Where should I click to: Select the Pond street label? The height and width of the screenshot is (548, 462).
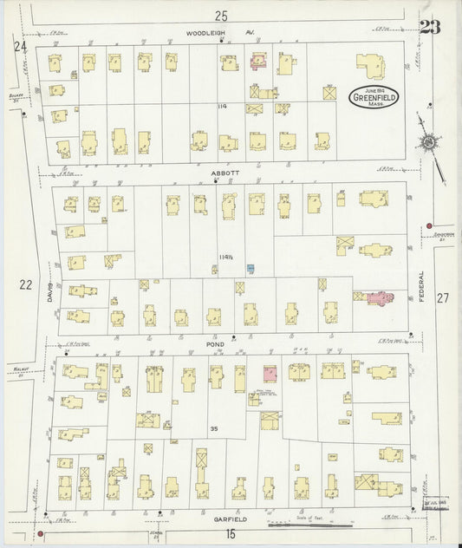coord(215,343)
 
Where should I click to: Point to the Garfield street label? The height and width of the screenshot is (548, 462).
coord(231,519)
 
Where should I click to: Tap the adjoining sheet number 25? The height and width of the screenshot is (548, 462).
coord(221,15)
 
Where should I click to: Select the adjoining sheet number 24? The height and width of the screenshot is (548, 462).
coord(20,45)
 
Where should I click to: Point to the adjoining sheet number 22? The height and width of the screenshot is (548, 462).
coord(24,284)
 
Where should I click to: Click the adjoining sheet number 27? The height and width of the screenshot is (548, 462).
coord(443,297)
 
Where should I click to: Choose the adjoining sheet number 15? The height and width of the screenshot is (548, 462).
coord(231,534)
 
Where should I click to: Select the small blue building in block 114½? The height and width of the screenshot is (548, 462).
coord(250,269)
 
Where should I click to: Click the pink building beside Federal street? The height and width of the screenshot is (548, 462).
coord(378,298)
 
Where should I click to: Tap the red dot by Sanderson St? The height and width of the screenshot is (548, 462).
coord(428,227)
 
